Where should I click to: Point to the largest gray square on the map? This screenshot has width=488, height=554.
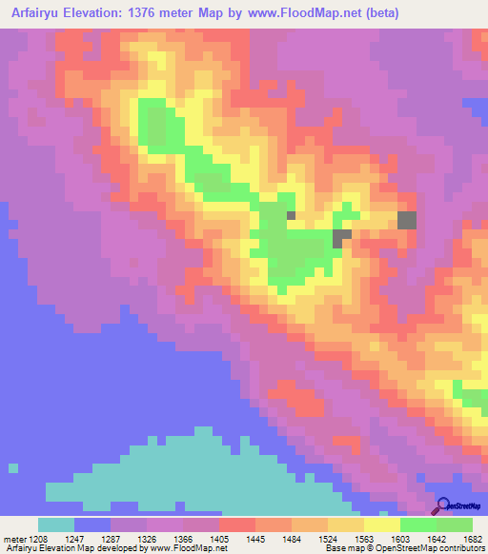407,220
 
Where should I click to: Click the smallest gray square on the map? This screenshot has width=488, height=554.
291,215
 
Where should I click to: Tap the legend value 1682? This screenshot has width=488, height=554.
473,539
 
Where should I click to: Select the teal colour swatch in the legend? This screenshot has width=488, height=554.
56,524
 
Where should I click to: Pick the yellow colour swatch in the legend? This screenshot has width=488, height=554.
382,524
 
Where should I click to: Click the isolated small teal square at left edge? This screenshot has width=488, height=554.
12,467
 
